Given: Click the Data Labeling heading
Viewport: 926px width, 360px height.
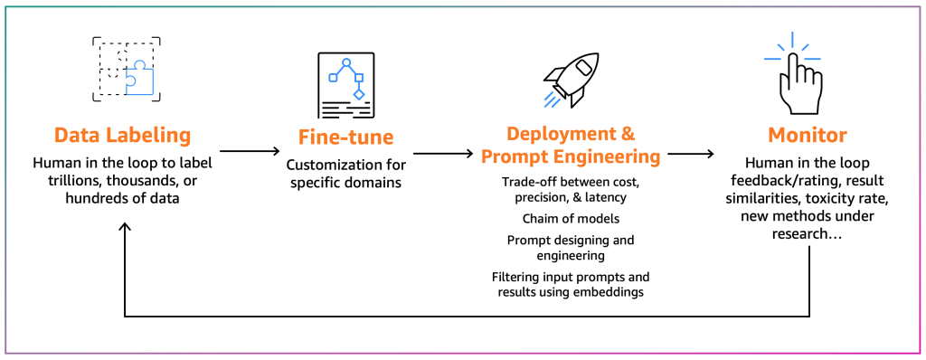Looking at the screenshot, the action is (123, 136).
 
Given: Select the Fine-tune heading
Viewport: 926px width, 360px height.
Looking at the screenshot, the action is (346, 137).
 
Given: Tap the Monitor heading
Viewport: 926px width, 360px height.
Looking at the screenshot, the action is (807, 136).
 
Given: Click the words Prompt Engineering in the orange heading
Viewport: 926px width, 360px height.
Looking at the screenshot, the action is (571, 157).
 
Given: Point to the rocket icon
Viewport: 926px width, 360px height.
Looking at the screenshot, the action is (571, 80).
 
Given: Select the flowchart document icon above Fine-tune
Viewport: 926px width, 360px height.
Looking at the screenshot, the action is (346, 86).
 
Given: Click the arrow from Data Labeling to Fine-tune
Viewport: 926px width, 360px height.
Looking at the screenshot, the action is (250, 151).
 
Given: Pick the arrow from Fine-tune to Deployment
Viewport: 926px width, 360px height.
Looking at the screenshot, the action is (443, 154).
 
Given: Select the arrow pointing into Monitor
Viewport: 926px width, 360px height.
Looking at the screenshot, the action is (690, 154).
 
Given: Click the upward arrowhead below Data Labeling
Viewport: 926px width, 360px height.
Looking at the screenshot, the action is (125, 228).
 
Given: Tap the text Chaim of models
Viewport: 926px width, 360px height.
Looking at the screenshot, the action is (571, 219).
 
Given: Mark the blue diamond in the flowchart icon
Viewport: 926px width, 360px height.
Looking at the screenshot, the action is (358, 94).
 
